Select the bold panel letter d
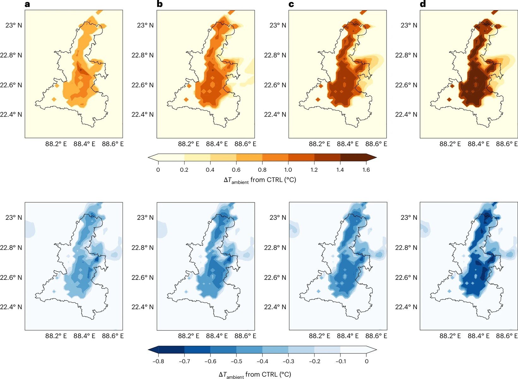[423, 4]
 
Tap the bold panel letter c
[291, 4]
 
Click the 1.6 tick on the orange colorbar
[366, 170]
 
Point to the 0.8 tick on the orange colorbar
[262, 170]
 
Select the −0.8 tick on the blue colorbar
[158, 361]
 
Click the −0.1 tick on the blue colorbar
[340, 361]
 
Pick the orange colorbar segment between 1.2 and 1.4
[327, 157]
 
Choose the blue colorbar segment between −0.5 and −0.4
[249, 349]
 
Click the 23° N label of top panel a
[14, 25]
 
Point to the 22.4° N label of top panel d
[406, 114]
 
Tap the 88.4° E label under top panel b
[217, 144]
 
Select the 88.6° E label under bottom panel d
[507, 336]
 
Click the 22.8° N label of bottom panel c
[275, 248]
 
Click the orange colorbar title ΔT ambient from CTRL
[259, 180]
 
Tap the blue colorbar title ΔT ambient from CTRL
[255, 375]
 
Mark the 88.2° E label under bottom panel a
[56, 336]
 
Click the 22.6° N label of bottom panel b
[143, 277]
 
